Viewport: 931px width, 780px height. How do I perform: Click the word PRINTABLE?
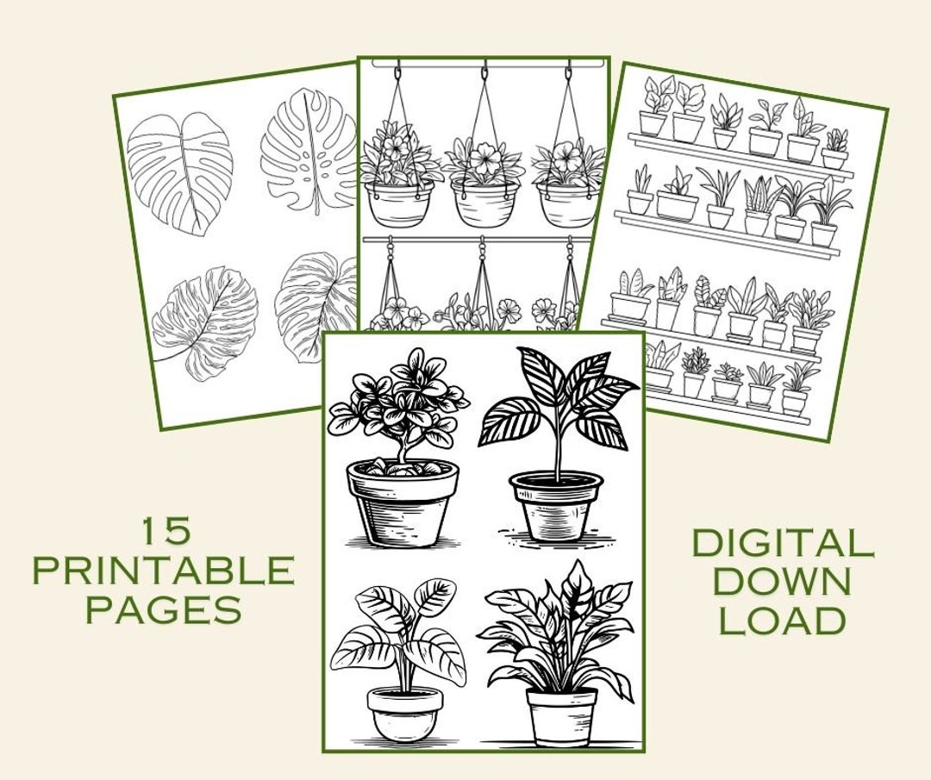(163, 571)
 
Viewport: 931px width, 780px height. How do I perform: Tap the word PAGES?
(163, 610)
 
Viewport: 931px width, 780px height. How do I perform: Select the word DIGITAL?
(782, 543)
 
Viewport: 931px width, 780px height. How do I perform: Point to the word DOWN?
(782, 581)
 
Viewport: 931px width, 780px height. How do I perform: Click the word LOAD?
(782, 620)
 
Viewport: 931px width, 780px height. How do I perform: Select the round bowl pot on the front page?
(405, 712)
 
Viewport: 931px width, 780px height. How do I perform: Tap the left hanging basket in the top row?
(399, 203)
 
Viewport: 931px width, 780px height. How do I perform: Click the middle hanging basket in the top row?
(485, 203)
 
